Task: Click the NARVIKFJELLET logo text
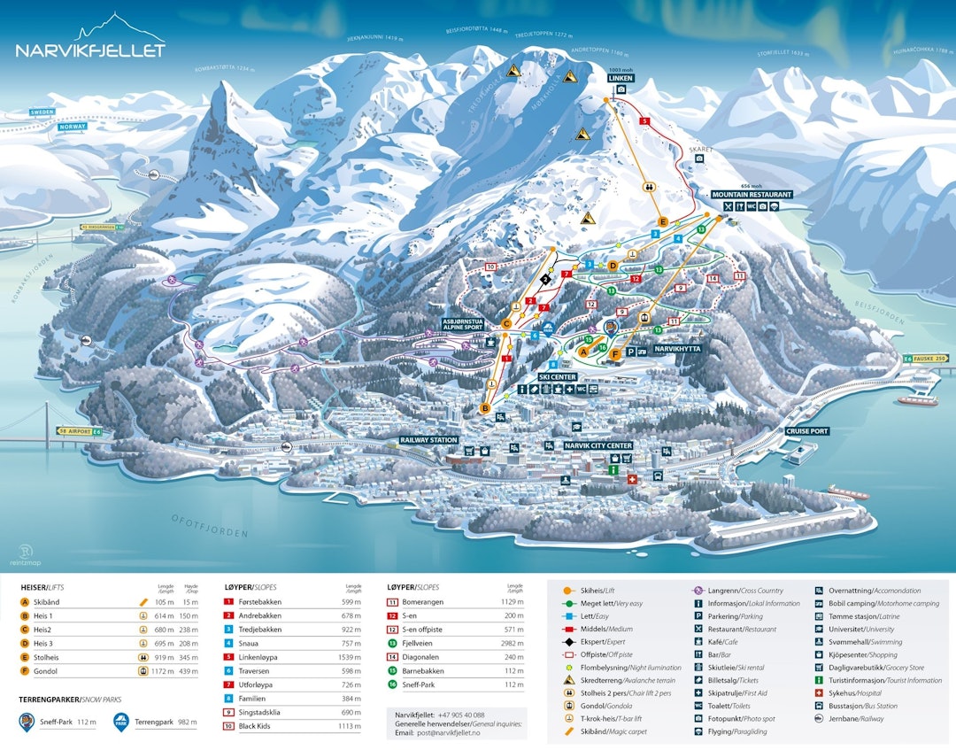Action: coord(90,50)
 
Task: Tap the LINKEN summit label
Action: coord(621,78)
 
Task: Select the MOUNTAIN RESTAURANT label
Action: coord(752,194)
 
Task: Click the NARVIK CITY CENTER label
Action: coord(598,445)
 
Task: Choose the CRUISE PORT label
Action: coord(806,431)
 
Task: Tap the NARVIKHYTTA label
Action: coord(676,349)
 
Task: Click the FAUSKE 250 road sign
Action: coord(929,358)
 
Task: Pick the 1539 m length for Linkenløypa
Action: coord(349,657)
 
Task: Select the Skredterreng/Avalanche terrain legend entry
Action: coord(620,680)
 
